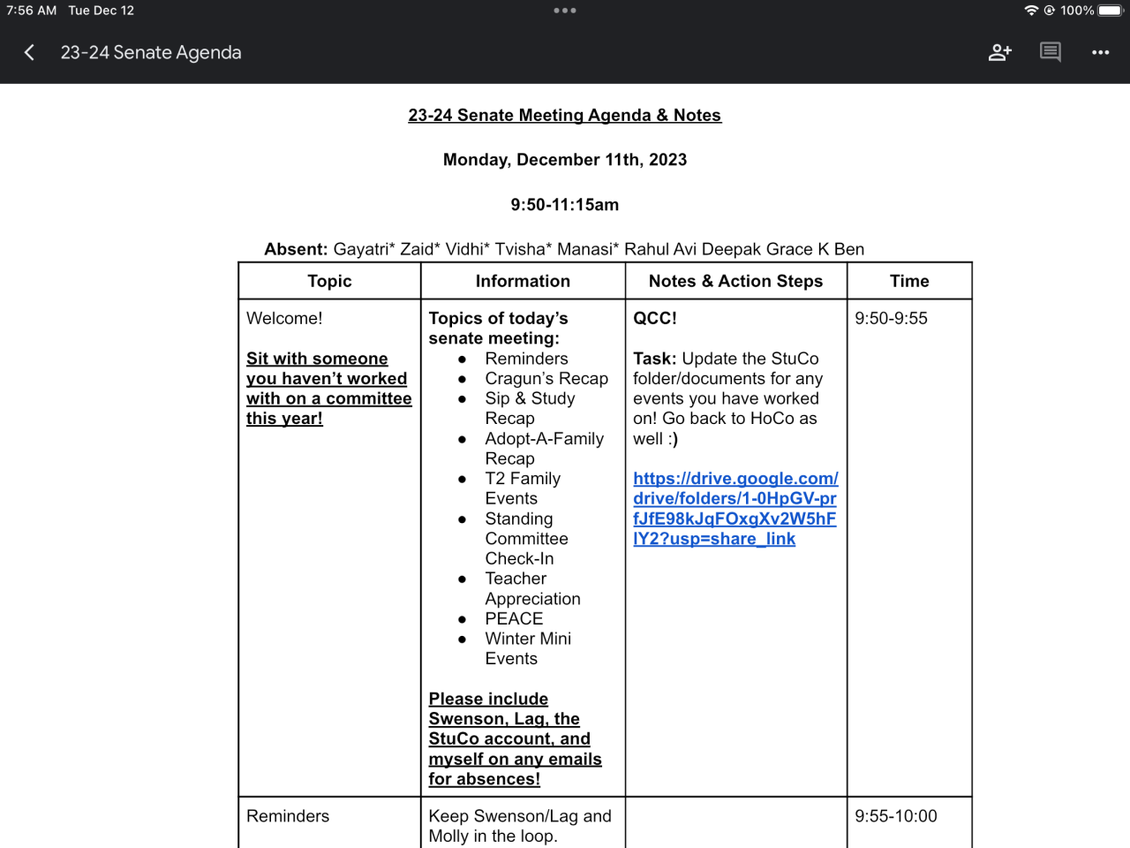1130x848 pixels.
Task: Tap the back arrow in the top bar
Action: pyautogui.click(x=29, y=53)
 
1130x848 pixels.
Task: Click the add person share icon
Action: pyautogui.click(x=999, y=53)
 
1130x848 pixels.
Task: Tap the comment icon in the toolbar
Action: pyautogui.click(x=1050, y=52)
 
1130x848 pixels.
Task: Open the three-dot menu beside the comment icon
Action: pyautogui.click(x=1100, y=53)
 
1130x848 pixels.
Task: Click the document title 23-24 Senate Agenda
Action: pyautogui.click(x=151, y=53)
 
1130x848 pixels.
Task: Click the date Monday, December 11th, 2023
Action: pyautogui.click(x=565, y=160)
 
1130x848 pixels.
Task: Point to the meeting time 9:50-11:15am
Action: pyautogui.click(x=565, y=205)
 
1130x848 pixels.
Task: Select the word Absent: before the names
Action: pyautogui.click(x=296, y=249)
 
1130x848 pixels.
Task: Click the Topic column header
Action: pyautogui.click(x=329, y=281)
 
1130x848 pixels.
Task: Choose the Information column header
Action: pyautogui.click(x=523, y=281)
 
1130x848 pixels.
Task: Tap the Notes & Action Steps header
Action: pyautogui.click(x=735, y=281)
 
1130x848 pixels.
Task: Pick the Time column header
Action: pyautogui.click(x=909, y=281)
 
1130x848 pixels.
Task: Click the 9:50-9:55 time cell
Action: pyautogui.click(x=891, y=318)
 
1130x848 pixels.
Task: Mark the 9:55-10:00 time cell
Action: pyautogui.click(x=895, y=816)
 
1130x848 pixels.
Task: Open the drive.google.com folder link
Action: pyautogui.click(x=734, y=509)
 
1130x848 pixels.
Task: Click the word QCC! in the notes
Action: pyautogui.click(x=655, y=318)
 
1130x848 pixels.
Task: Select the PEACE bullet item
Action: pyautogui.click(x=514, y=619)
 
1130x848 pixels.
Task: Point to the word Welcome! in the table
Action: pyautogui.click(x=284, y=318)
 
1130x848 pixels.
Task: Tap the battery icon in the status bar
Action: pyautogui.click(x=1111, y=11)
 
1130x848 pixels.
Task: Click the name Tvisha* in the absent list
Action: pyautogui.click(x=524, y=249)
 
